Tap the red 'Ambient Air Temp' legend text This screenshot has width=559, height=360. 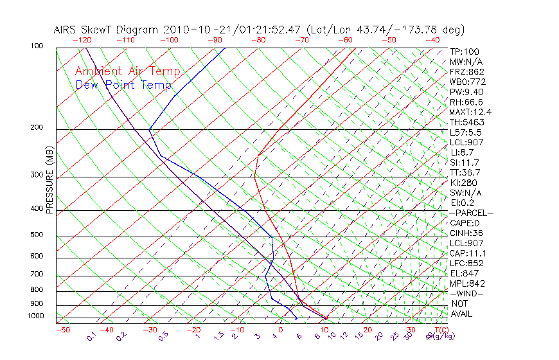(x=127, y=72)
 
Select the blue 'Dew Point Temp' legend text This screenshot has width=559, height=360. (x=123, y=85)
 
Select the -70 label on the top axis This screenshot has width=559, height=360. (x=301, y=40)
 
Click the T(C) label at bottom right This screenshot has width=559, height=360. (x=440, y=330)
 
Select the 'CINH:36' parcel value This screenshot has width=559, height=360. (x=466, y=233)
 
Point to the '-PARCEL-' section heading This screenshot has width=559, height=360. (x=471, y=213)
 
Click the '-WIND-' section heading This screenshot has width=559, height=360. (x=466, y=294)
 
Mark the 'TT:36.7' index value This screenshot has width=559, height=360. (x=465, y=173)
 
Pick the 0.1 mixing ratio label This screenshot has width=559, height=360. (x=91, y=336)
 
